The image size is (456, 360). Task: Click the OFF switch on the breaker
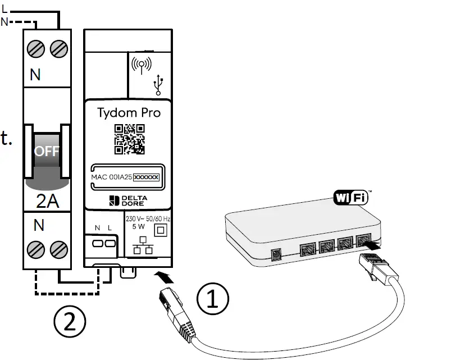tap(47, 152)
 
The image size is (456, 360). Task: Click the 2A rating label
tap(47, 201)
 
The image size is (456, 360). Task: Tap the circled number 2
tap(70, 322)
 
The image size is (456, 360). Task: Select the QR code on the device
tap(130, 139)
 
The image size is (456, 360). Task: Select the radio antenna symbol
tap(140, 65)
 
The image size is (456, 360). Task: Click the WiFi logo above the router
tap(352, 198)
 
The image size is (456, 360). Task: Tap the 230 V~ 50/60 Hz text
tap(148, 218)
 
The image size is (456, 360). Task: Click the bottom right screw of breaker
tap(58, 248)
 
